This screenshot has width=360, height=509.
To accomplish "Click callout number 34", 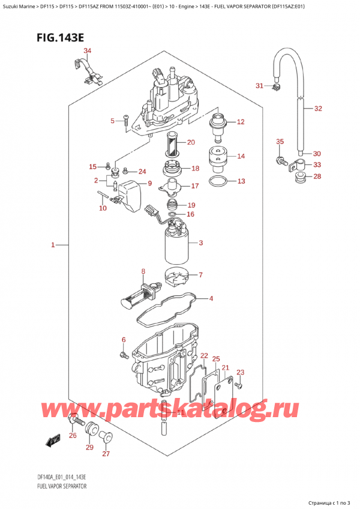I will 88,50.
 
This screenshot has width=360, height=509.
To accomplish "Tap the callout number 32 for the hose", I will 318,109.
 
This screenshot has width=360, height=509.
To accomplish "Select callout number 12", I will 241,122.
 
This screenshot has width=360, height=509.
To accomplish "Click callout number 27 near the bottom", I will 107,454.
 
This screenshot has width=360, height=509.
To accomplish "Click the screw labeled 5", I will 125,123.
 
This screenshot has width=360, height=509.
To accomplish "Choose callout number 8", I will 143,271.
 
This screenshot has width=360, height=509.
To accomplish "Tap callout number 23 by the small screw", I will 241,372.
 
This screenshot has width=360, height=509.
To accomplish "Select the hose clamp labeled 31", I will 277,89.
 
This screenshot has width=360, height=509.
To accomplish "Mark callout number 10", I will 103,208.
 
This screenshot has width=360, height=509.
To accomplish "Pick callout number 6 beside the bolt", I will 124,340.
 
